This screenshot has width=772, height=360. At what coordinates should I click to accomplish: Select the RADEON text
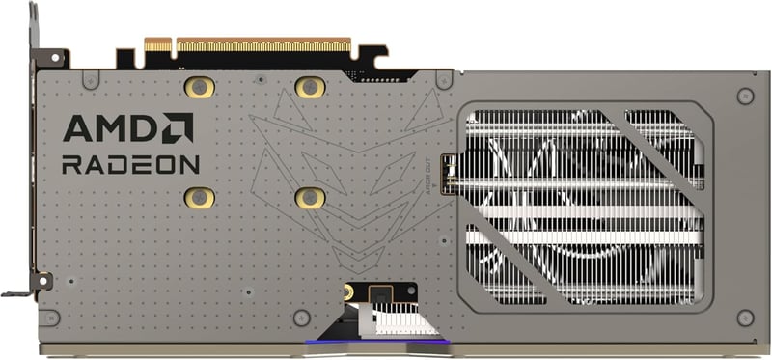pyautogui.click(x=130, y=164)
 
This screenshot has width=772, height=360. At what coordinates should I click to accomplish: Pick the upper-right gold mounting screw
pyautogui.click(x=309, y=88)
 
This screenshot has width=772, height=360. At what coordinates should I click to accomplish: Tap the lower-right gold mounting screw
pyautogui.click(x=309, y=197)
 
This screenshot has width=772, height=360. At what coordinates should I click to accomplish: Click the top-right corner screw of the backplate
pyautogui.click(x=744, y=96)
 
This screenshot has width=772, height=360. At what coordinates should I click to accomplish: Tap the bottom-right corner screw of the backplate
pyautogui.click(x=744, y=317)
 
